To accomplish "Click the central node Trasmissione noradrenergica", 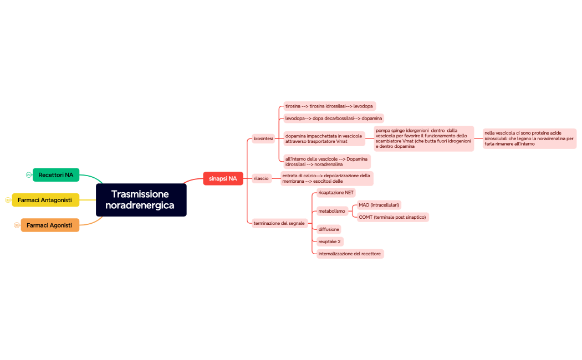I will click(141, 200).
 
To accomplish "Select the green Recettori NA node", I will click(56, 175).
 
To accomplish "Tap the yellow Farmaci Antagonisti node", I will click(45, 200).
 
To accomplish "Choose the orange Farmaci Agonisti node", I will click(49, 225).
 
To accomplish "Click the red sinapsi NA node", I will click(223, 178).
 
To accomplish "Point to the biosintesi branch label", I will click(263, 138).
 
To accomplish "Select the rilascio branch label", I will click(261, 178).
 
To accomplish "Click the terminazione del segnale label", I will click(279, 223).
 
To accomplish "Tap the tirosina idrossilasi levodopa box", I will click(329, 106).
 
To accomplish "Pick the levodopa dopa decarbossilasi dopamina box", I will click(333, 118).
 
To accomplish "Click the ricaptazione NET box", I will click(336, 193).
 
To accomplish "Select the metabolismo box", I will click(331, 211).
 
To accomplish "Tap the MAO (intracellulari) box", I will click(379, 205).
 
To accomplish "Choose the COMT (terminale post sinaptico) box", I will click(392, 217).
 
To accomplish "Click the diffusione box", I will click(329, 229).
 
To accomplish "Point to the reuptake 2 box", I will click(330, 241).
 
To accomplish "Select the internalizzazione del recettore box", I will click(350, 254).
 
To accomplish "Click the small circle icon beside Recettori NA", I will click(29, 175).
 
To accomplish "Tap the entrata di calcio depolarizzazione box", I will click(326, 178).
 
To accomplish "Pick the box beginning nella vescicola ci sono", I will click(529, 138).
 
